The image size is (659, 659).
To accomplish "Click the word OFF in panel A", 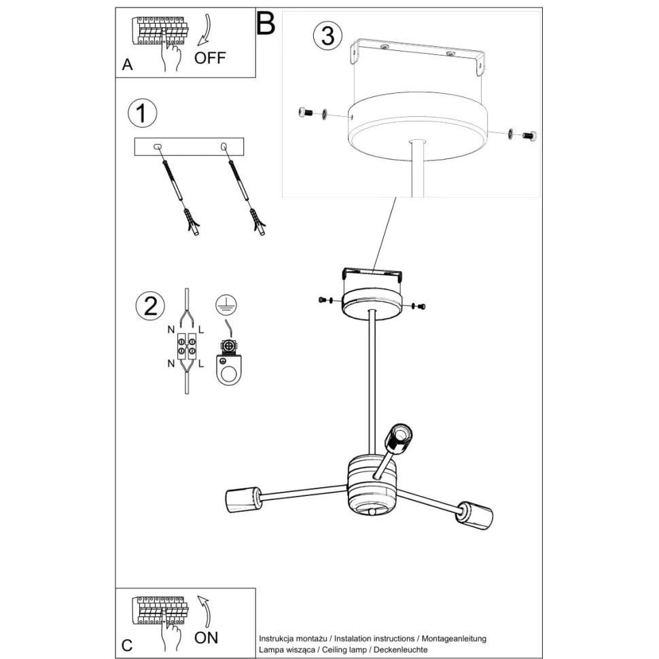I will click(x=209, y=57).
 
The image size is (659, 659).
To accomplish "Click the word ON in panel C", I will click(x=206, y=637).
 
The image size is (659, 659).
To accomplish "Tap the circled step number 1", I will click(x=141, y=113).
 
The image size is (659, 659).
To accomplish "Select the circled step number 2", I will click(x=149, y=306).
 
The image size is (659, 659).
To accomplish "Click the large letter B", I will click(x=265, y=24).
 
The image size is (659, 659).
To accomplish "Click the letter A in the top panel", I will click(x=127, y=65).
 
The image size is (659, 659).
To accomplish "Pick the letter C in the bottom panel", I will click(x=127, y=644).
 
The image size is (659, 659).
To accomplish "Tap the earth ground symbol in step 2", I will click(x=224, y=305).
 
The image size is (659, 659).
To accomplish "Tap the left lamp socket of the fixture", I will click(x=242, y=500).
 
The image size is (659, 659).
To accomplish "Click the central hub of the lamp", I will click(x=372, y=486).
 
